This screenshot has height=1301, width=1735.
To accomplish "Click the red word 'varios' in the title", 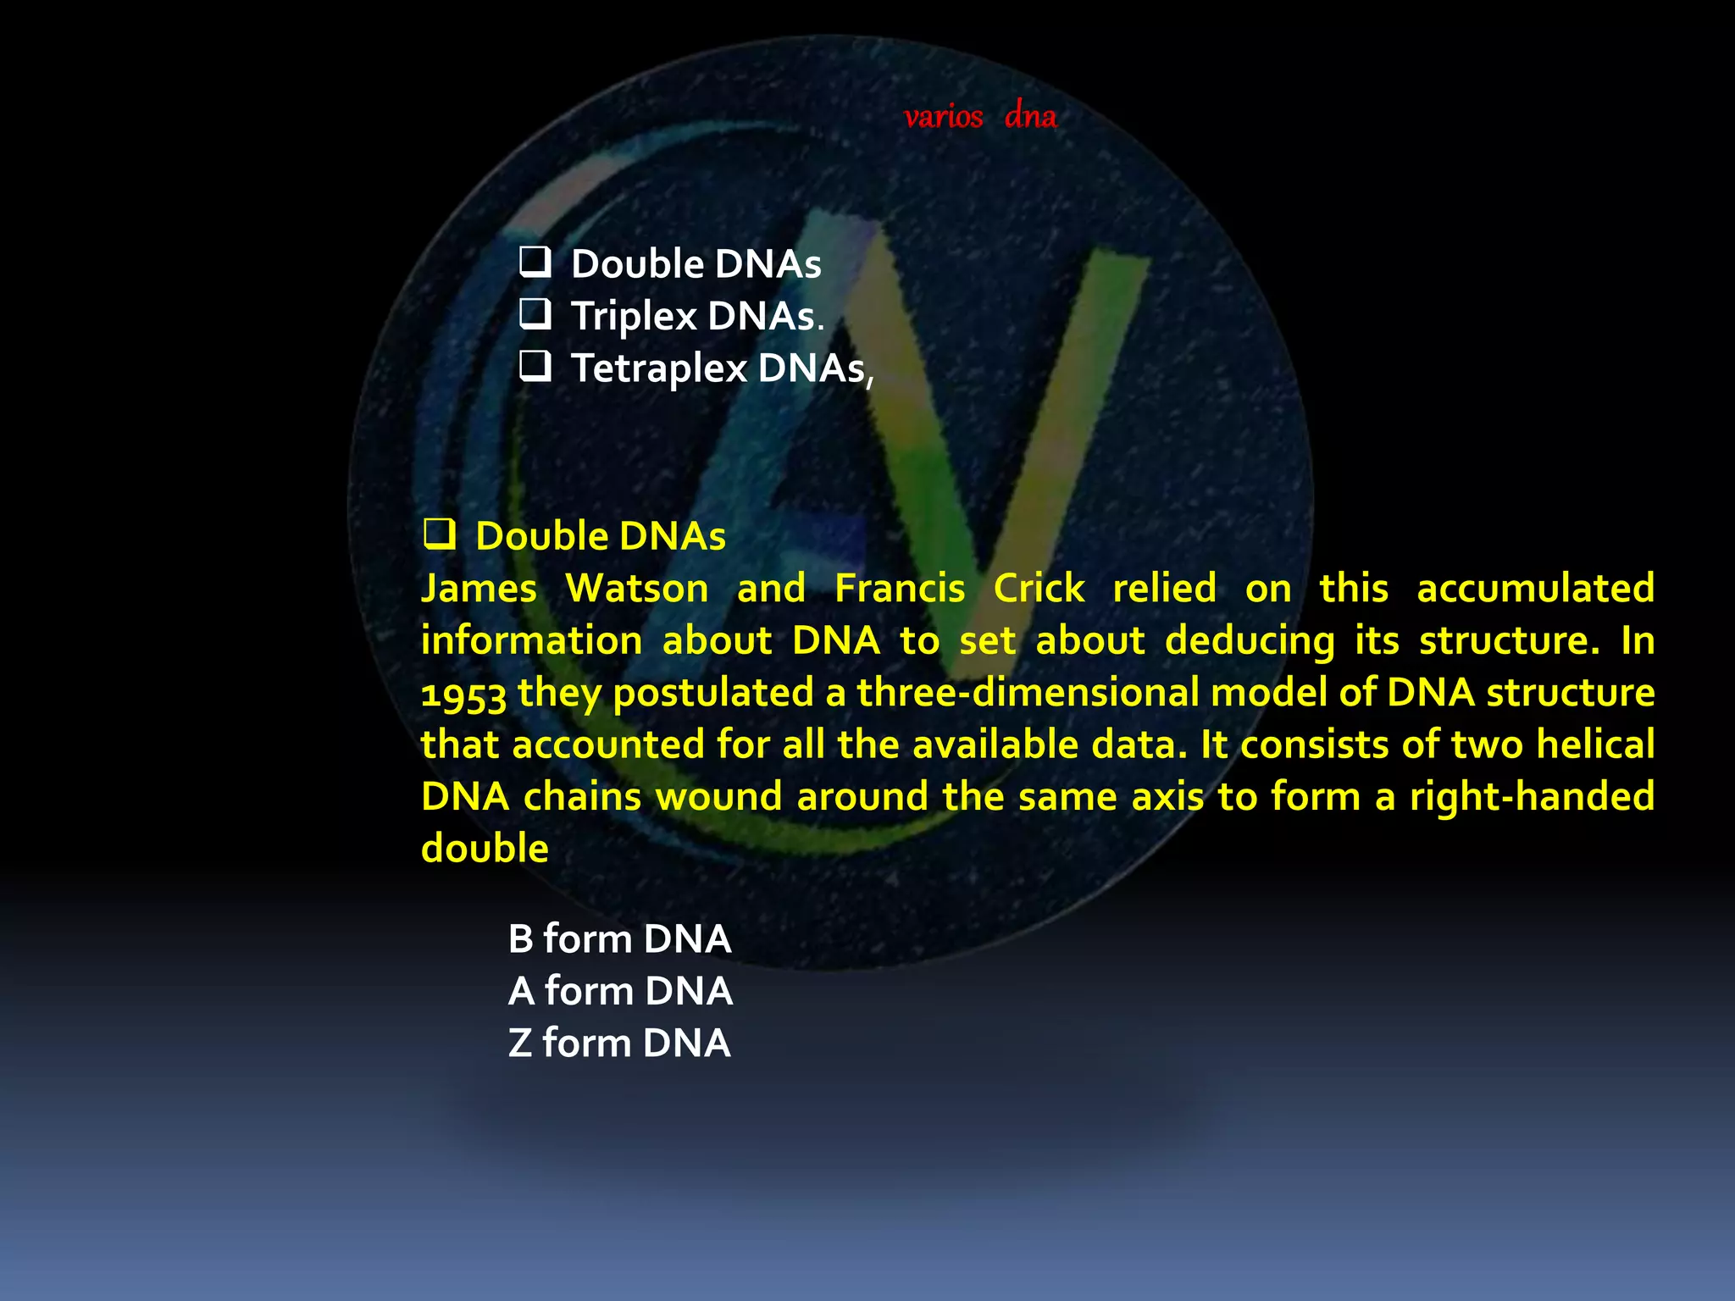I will [943, 117].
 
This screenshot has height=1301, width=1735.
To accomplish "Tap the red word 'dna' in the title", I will [1030, 116].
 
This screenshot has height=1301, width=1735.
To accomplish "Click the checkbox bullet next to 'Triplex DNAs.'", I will [535, 314].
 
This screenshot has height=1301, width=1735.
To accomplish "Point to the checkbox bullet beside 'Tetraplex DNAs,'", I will [535, 366].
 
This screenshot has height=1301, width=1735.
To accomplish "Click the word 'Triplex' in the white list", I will [634, 317].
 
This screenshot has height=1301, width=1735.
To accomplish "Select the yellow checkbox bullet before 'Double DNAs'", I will [440, 534].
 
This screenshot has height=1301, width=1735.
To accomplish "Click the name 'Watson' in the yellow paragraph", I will [636, 588].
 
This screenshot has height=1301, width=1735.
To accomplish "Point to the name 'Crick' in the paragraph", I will [1039, 588].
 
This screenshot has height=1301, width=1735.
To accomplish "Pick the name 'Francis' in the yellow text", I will [900, 588].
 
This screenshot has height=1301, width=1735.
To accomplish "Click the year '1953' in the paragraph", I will [463, 694].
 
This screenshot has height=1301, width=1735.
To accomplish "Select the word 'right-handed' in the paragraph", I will [1532, 797].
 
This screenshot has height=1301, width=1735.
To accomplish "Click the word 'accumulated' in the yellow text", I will [1535, 588].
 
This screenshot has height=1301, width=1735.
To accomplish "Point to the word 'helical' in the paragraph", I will [1595, 745].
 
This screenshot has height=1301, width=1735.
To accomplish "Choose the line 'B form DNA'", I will [619, 938].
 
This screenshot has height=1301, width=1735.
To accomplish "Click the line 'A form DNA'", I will [620, 990].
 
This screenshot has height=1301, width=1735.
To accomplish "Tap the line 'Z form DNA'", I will [619, 1043].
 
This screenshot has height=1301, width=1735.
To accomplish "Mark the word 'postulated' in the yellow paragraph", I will [713, 694].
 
